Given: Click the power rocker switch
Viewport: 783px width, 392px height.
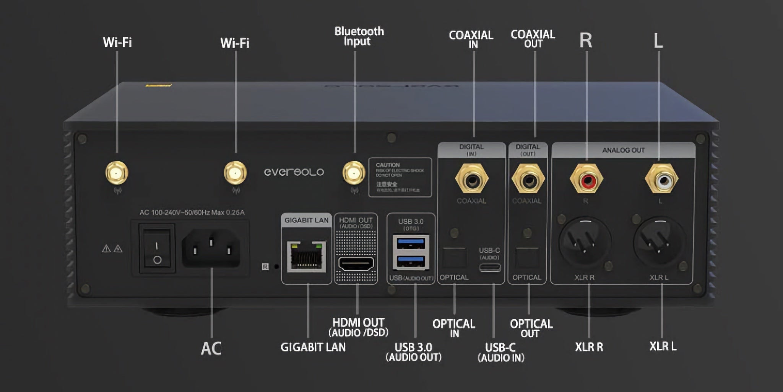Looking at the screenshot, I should click(157, 249).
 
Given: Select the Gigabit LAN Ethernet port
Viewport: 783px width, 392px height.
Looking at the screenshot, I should click(306, 256).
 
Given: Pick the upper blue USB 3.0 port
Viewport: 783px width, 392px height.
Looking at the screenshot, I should click(411, 243).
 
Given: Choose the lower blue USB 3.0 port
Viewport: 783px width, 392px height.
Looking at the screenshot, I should click(411, 262).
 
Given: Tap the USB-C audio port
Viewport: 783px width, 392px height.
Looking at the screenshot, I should click(490, 267).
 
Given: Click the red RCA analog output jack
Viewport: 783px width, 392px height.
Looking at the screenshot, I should click(586, 179).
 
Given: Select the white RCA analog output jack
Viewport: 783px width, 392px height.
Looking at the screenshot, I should click(661, 179).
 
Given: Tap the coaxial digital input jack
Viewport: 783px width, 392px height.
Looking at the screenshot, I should click(472, 179).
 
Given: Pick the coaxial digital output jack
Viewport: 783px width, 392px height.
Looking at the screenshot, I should click(528, 179).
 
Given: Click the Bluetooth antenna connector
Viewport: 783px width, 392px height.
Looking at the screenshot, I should click(354, 173).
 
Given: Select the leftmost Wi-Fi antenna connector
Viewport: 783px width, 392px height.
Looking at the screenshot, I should click(117, 173).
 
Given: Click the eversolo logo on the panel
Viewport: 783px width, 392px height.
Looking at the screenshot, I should click(294, 172).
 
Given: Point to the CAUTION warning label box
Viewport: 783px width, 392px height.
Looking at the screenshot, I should click(400, 177).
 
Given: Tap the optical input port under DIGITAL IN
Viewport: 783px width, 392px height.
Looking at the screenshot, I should click(455, 258).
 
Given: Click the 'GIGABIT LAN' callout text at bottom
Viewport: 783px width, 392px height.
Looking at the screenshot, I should click(313, 347).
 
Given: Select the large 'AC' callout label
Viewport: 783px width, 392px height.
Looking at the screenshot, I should click(211, 348).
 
